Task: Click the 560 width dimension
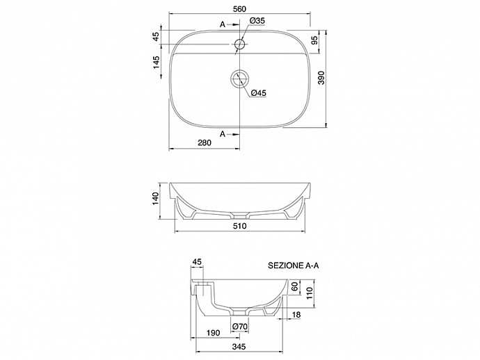[239, 9]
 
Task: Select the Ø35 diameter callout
[257, 21]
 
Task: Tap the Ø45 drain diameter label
[259, 93]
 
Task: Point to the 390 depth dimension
[321, 78]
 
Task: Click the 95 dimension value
[314, 40]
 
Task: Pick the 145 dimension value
[156, 63]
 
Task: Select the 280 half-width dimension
[205, 142]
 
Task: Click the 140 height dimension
[156, 199]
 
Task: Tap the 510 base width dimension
[240, 226]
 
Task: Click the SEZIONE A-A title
[294, 265]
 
